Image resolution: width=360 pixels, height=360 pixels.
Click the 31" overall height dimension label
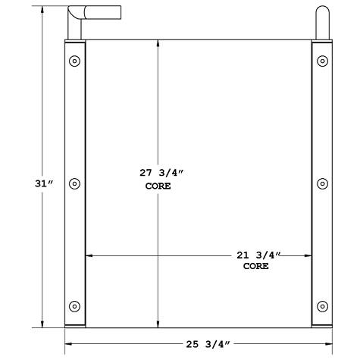click(x=43, y=184)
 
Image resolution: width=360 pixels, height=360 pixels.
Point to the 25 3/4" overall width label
click(x=205, y=345)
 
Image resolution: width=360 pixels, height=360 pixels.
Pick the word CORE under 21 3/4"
click(x=255, y=268)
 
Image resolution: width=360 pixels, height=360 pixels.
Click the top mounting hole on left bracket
click(x=74, y=61)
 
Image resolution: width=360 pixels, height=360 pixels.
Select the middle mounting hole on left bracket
click(x=74, y=183)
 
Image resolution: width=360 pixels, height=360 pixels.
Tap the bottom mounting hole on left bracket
click(x=74, y=306)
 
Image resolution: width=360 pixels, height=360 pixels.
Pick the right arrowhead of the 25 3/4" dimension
click(x=330, y=344)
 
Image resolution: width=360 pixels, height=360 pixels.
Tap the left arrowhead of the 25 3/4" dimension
click(x=67, y=344)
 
